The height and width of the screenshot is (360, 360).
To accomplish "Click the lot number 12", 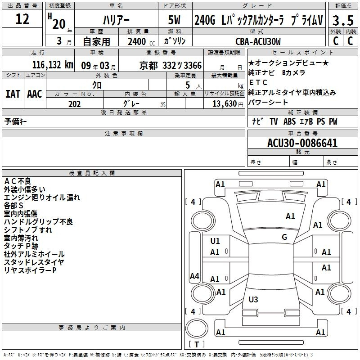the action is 22,19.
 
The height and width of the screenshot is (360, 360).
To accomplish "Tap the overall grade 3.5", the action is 343,20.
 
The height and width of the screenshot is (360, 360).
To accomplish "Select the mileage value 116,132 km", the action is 53,65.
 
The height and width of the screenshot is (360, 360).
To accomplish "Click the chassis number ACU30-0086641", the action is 302,143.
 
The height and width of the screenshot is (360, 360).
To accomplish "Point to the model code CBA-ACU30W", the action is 258,41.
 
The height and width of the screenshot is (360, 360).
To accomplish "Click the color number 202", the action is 74,104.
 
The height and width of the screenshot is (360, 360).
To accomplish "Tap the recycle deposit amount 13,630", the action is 225,104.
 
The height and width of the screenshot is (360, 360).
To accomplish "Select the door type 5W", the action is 174,20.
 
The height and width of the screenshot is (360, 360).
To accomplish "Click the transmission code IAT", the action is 13,94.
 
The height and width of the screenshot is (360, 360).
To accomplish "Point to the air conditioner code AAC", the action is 35,94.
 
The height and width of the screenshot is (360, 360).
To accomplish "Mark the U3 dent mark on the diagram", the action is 253,299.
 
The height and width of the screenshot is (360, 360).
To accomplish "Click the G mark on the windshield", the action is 284,237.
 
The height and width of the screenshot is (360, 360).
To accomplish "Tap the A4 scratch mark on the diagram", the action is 194,276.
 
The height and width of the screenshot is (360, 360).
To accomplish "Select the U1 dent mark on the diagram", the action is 215,241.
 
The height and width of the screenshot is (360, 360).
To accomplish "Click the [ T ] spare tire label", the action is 197,344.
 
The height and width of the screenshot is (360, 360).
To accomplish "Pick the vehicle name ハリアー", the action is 116,20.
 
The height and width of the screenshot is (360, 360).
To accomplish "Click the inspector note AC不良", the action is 18,181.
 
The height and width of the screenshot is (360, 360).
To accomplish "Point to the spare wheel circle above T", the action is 197,328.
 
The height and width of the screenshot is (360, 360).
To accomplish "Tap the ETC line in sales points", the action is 258,82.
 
